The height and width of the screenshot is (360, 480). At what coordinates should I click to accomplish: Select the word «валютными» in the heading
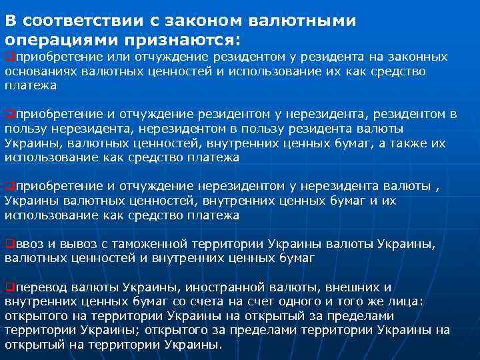click(x=304, y=21)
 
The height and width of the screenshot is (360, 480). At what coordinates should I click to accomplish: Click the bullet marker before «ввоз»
click(x=8, y=243)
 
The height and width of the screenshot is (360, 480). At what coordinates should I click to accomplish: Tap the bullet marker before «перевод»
click(x=8, y=288)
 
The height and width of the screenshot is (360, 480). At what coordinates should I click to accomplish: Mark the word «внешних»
click(x=352, y=288)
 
